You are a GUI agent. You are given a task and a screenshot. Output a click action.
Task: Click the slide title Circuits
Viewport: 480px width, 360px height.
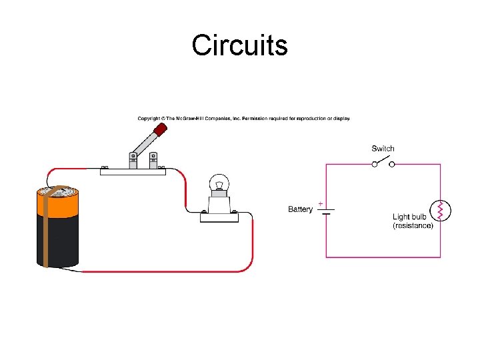point(239,45)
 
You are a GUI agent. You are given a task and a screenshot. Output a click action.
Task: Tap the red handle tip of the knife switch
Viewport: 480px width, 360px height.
point(159,129)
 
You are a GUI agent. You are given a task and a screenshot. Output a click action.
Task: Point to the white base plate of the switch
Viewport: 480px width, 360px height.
point(133,170)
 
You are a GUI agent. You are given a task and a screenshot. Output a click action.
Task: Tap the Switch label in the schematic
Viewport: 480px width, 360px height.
point(383,149)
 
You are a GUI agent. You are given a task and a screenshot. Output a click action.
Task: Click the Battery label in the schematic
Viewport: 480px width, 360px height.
point(300,209)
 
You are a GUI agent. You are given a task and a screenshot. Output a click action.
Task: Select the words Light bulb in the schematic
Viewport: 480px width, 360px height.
point(409,217)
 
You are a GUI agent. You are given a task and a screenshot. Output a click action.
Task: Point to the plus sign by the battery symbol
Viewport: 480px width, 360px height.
point(321,203)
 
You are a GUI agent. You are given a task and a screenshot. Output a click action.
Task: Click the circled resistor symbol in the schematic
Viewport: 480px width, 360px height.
point(440,210)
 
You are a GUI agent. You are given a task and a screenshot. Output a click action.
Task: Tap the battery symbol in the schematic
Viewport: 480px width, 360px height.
point(326,210)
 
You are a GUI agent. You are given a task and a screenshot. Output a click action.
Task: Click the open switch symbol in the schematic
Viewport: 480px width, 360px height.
point(383,162)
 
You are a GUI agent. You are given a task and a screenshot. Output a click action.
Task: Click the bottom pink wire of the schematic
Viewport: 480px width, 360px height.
point(383,257)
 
